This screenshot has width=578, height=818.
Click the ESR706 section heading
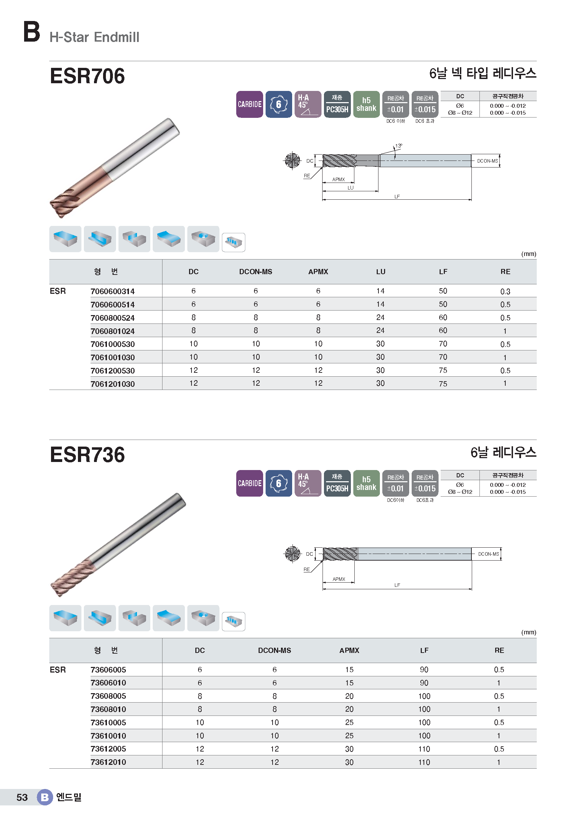[x=88, y=76]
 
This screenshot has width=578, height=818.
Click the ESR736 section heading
[x=88, y=455]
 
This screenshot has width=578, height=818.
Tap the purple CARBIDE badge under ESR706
[x=250, y=104]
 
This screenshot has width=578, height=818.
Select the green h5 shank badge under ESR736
[x=366, y=483]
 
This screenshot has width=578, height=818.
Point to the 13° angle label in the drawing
[x=399, y=146]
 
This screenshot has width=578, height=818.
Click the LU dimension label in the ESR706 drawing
[x=351, y=188]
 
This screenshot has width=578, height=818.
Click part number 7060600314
[x=113, y=291]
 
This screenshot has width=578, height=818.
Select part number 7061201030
[x=113, y=384]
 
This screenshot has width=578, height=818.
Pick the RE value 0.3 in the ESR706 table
[x=505, y=291]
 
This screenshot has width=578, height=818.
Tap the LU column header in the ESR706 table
[x=381, y=272]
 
